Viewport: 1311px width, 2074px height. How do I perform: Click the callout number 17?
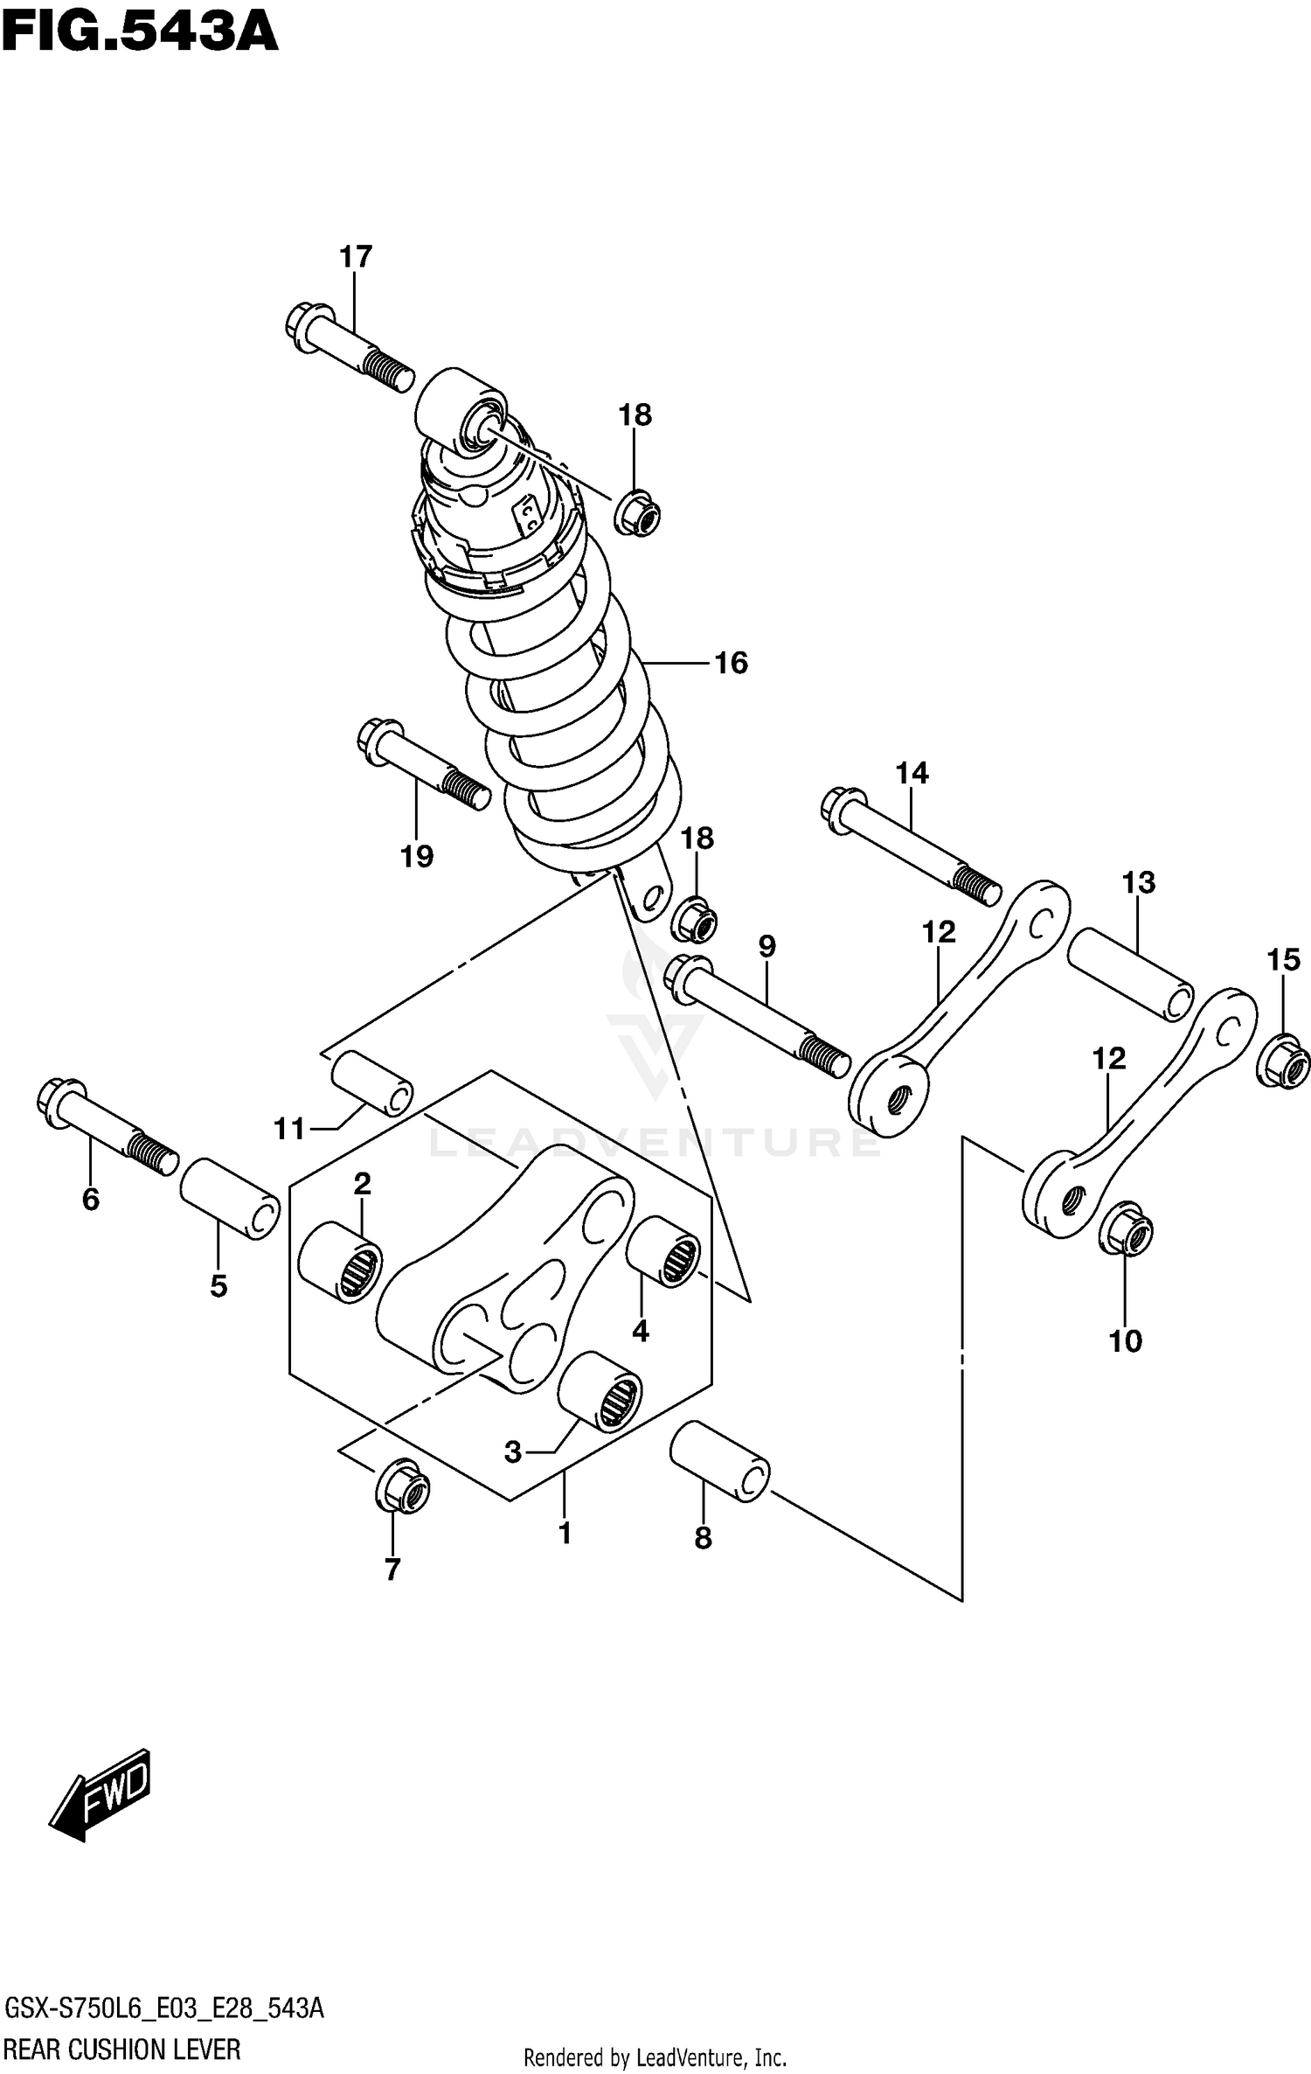[x=356, y=257]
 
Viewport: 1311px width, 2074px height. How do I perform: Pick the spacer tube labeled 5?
[x=230, y=1198]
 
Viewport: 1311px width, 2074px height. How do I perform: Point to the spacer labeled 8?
[x=719, y=1460]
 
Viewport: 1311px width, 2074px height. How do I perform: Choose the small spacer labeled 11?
[x=371, y=1084]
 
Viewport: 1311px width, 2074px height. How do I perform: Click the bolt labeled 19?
[x=422, y=763]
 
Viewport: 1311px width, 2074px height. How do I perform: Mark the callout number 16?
[x=731, y=664]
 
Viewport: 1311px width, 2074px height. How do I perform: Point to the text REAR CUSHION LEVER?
[x=122, y=2049]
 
